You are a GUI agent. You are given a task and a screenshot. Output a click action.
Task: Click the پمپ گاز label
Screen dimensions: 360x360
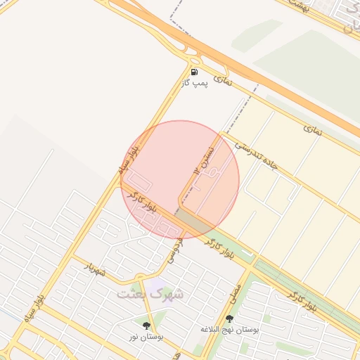point(194,83)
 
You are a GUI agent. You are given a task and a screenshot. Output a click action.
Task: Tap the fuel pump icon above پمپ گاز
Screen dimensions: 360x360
point(194,72)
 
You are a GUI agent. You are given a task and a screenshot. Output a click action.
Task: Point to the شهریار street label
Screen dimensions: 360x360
point(98,268)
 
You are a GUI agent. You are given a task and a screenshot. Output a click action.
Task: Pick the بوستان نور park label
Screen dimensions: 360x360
point(146,337)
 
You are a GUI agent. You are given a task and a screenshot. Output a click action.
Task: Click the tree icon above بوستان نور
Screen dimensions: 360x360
point(146,326)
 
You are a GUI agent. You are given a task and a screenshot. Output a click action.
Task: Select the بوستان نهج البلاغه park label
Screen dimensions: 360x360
point(230,329)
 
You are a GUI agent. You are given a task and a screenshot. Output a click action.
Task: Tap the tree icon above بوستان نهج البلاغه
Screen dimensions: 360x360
point(230,319)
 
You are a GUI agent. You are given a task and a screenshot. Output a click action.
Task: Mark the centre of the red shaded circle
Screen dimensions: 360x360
point(180,179)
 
